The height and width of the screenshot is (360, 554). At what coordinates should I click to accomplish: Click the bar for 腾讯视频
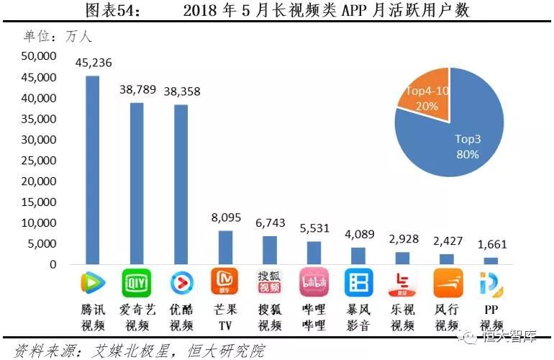93,170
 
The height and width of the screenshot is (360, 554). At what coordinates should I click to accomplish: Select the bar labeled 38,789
136,184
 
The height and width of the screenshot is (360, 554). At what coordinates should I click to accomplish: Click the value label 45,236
94,63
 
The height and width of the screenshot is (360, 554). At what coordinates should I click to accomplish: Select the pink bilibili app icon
313,283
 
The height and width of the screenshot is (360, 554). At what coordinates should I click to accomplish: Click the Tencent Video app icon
93,283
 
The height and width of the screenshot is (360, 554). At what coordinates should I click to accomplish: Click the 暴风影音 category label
358,318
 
